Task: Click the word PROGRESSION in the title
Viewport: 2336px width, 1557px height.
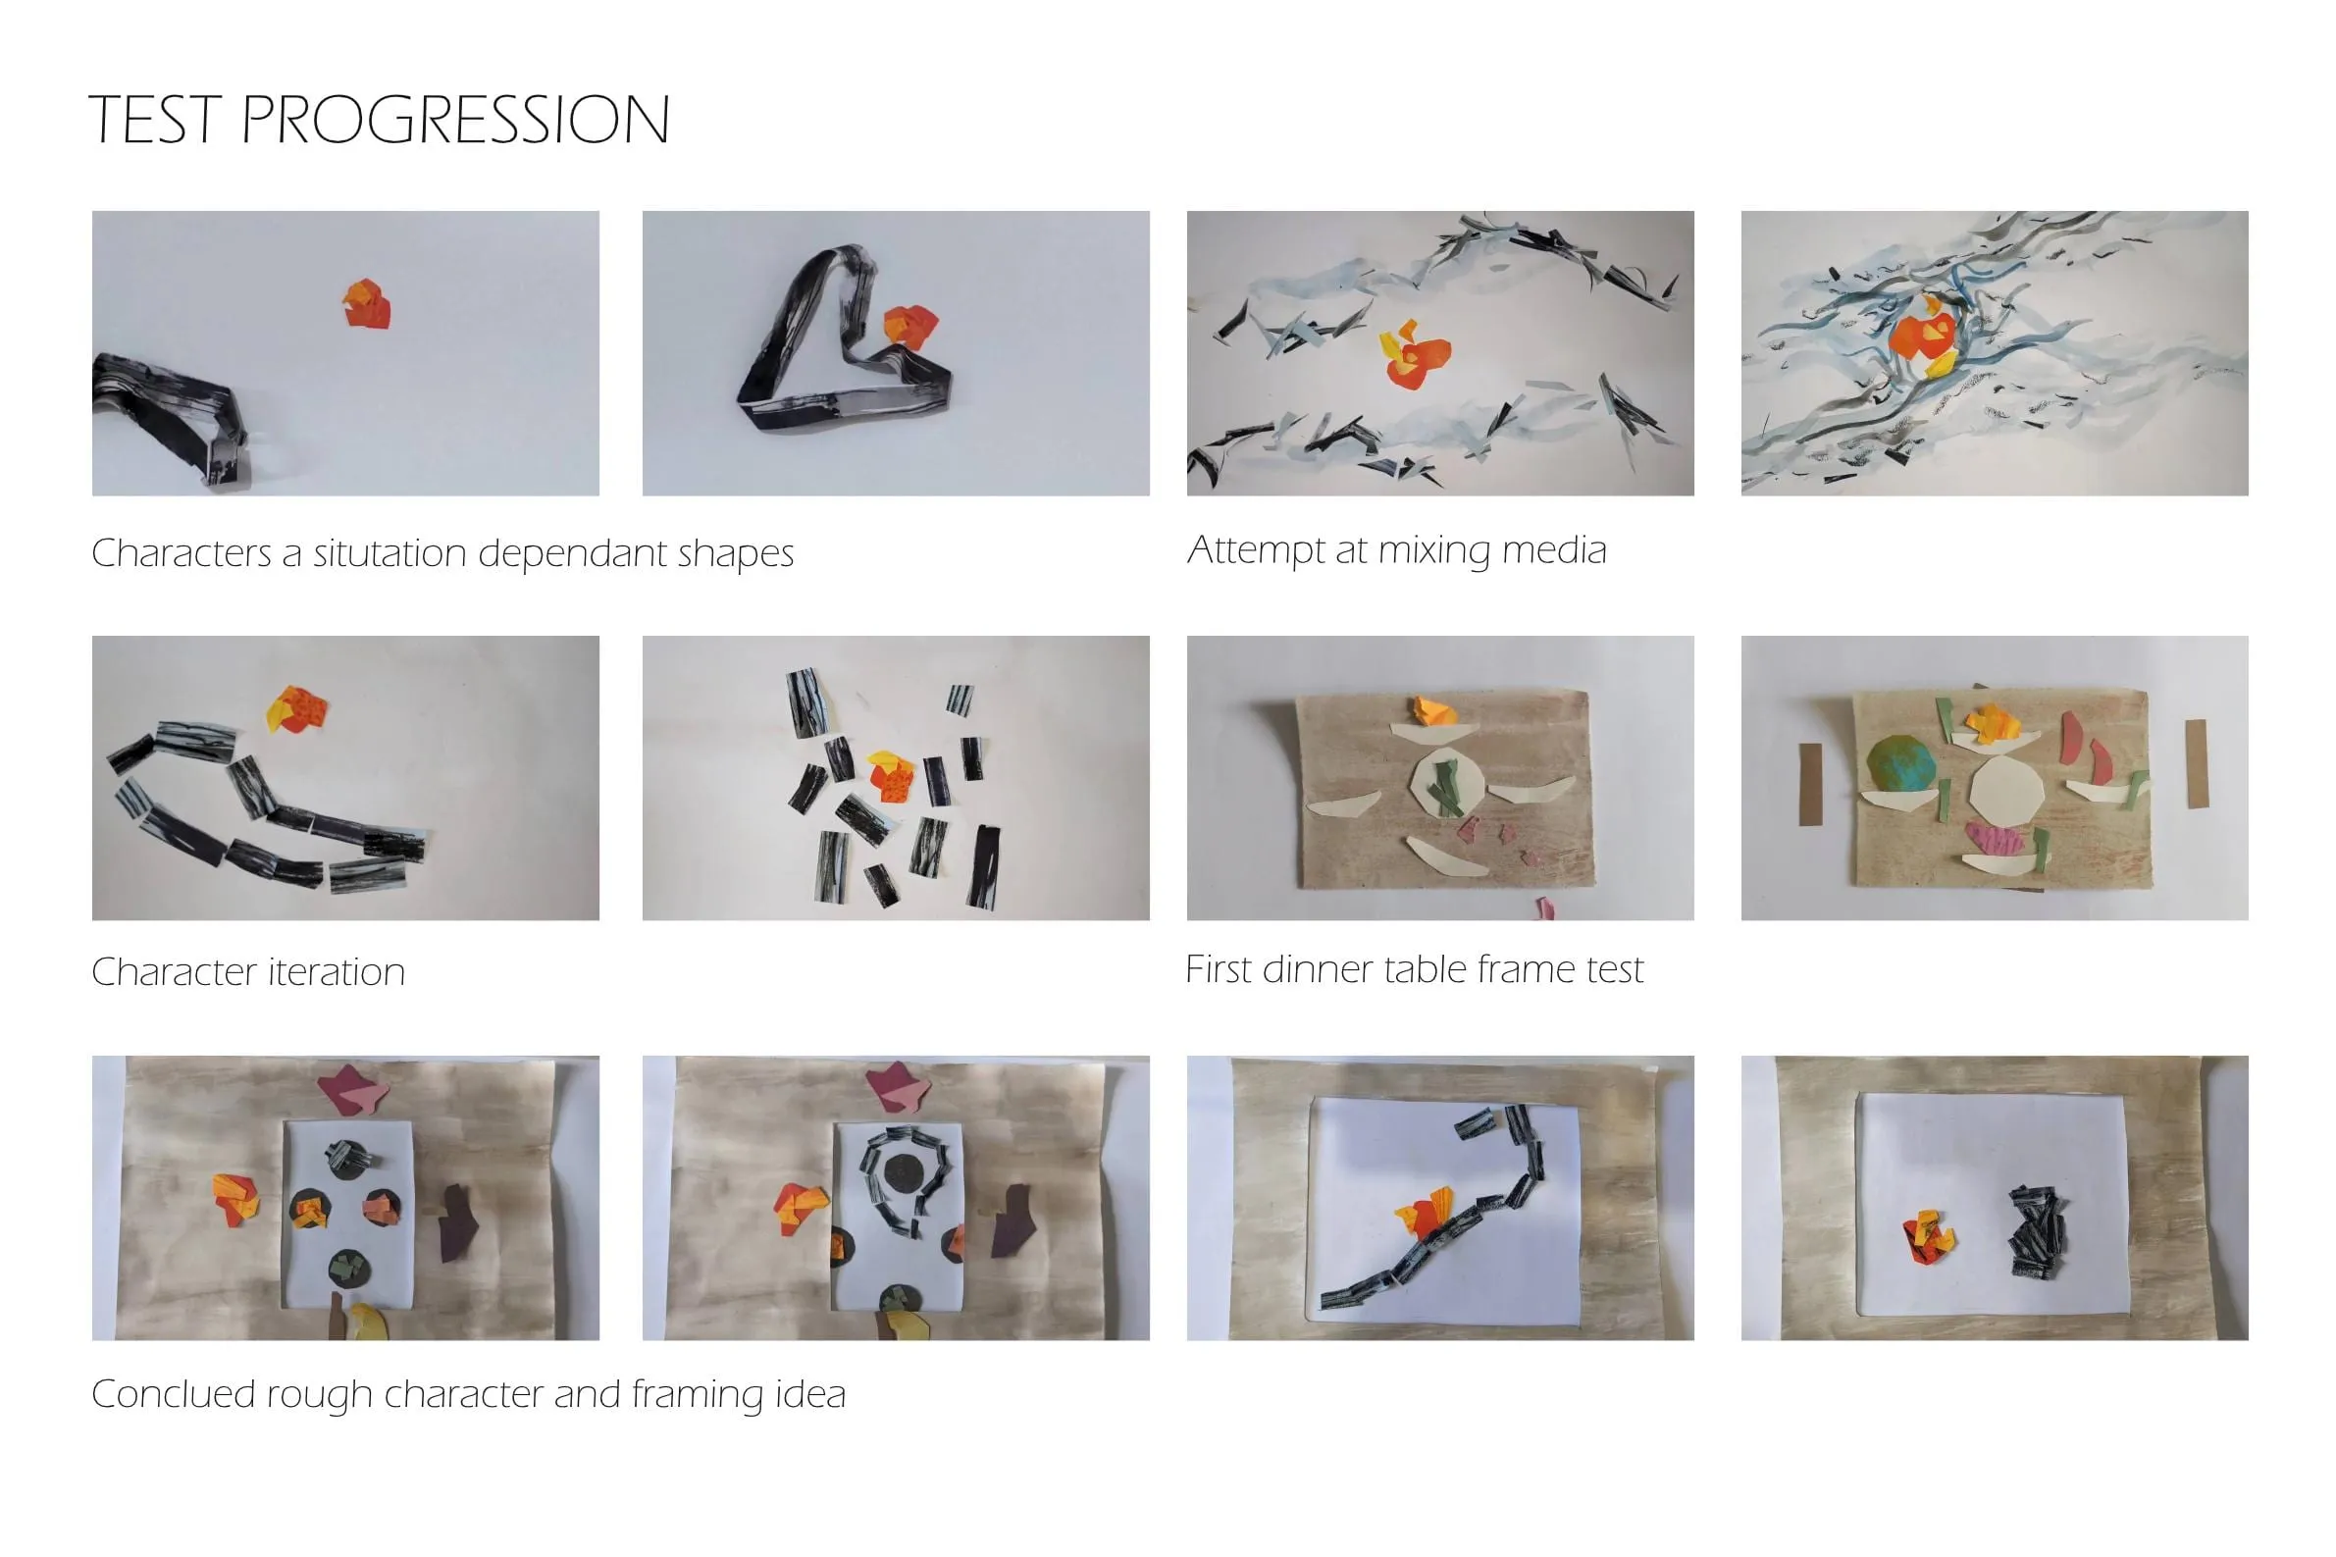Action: (x=454, y=120)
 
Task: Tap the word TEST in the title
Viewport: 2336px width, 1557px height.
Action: (x=154, y=120)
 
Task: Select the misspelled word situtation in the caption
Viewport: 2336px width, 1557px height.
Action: (x=390, y=552)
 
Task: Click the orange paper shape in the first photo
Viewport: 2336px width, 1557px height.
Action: (x=366, y=304)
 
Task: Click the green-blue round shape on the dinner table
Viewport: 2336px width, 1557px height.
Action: (x=1901, y=764)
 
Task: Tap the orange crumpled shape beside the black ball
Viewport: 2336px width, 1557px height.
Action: (x=1927, y=1239)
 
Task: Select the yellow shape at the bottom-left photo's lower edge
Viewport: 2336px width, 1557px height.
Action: (x=368, y=1322)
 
